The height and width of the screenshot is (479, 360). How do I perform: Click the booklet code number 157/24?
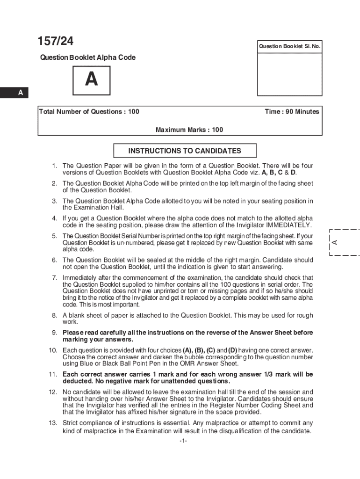tap(56, 42)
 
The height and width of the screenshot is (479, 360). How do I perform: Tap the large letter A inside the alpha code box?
tap(92, 80)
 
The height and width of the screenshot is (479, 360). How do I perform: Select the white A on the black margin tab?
tap(20, 93)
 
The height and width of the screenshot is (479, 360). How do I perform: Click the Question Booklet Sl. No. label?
tap(289, 46)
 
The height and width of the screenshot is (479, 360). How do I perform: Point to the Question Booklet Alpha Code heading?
tap(87, 58)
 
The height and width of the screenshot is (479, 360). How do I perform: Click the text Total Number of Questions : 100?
tap(89, 112)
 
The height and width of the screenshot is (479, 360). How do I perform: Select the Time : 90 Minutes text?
tap(292, 112)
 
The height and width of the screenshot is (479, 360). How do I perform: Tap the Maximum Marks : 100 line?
tap(189, 130)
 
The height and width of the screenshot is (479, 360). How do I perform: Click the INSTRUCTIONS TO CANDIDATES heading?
tap(185, 151)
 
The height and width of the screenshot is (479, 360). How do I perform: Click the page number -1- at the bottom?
tap(183, 441)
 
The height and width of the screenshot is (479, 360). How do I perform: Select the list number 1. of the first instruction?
tap(54, 166)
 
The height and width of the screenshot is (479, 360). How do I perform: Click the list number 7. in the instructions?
tap(54, 278)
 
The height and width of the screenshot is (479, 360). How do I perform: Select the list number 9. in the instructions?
tap(54, 333)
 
